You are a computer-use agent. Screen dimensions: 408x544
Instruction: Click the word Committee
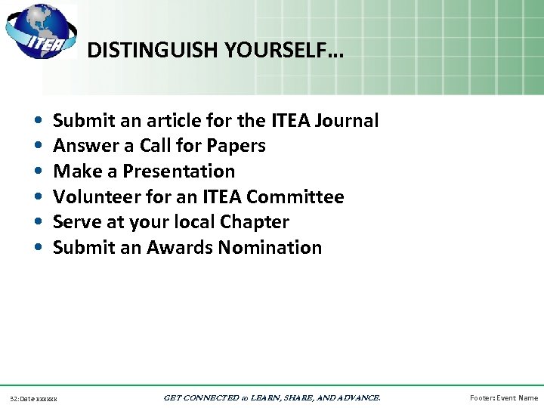(295, 197)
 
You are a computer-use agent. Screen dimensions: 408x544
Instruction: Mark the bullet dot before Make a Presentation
(38, 172)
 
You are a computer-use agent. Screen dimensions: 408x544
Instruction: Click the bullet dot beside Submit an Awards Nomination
(38, 248)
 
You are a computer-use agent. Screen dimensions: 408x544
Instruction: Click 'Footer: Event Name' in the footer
(504, 397)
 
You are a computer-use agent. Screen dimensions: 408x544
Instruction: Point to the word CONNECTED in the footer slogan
(218, 397)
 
